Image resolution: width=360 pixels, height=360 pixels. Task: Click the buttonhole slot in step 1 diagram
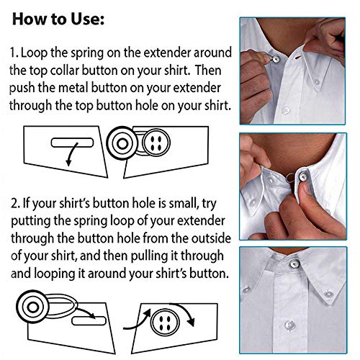coord(70,142)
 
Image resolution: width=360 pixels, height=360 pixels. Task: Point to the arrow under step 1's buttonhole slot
coord(69,156)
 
